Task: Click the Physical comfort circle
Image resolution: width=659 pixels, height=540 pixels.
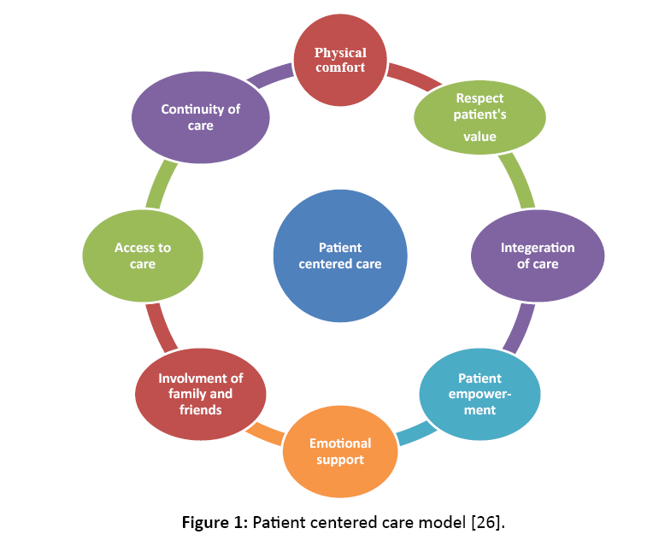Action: tap(340, 61)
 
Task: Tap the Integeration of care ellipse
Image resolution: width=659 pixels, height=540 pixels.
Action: tap(538, 255)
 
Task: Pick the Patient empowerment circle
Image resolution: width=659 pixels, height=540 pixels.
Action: tap(480, 393)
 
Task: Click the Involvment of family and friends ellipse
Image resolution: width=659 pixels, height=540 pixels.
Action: tap(200, 394)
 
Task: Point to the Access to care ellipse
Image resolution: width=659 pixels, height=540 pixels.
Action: tap(143, 255)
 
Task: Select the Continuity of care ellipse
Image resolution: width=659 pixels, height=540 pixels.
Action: tap(201, 117)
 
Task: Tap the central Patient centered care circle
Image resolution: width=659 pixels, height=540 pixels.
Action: tap(340, 255)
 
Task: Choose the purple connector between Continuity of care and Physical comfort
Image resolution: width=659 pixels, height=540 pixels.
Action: tap(269, 76)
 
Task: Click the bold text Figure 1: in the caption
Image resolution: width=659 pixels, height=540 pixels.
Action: tap(215, 519)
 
